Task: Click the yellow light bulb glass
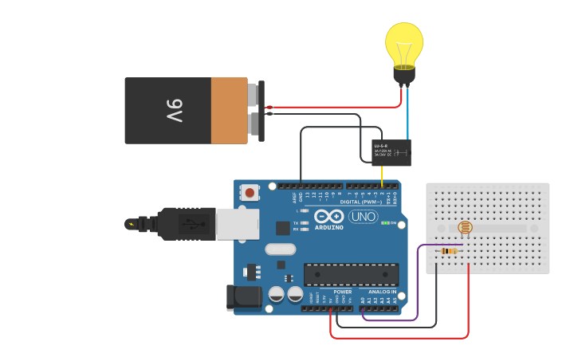pos(404,43)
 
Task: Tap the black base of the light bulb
pos(404,77)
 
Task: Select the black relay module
pos(391,152)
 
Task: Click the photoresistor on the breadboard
pos(466,228)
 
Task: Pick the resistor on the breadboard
pos(449,251)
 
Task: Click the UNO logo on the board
pos(363,217)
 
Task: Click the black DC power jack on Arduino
pos(243,296)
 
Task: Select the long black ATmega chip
pos(351,275)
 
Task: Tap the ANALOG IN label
pos(380,292)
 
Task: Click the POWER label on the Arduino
pos(343,292)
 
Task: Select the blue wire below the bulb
pos(408,116)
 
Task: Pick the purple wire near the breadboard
pos(417,287)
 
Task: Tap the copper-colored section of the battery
pos(230,111)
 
